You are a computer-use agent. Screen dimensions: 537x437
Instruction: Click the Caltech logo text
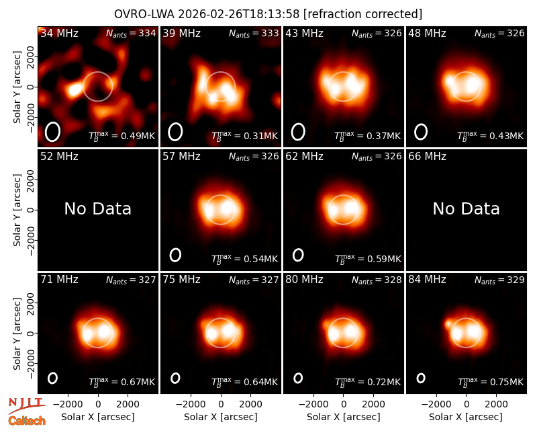27,421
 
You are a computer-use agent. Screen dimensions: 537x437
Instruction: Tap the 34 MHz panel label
59,33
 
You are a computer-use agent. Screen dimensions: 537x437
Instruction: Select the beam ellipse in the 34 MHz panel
52,132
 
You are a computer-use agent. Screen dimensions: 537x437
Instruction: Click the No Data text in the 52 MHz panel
98,208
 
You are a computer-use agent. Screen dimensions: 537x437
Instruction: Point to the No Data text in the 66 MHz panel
466,208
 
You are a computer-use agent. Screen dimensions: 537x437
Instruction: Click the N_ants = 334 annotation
131,33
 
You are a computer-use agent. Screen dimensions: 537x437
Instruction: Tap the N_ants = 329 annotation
499,280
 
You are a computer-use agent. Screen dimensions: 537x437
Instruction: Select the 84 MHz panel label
427,280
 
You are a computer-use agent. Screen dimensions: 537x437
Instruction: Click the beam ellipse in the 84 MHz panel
421,378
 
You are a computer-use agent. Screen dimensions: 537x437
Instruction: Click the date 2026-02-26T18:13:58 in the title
239,14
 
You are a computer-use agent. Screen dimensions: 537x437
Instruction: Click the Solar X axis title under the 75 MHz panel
221,417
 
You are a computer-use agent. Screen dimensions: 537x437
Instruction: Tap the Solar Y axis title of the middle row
17,210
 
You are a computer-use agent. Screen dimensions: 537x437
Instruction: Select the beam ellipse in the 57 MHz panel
175,255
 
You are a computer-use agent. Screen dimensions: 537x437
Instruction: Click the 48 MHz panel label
427,33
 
